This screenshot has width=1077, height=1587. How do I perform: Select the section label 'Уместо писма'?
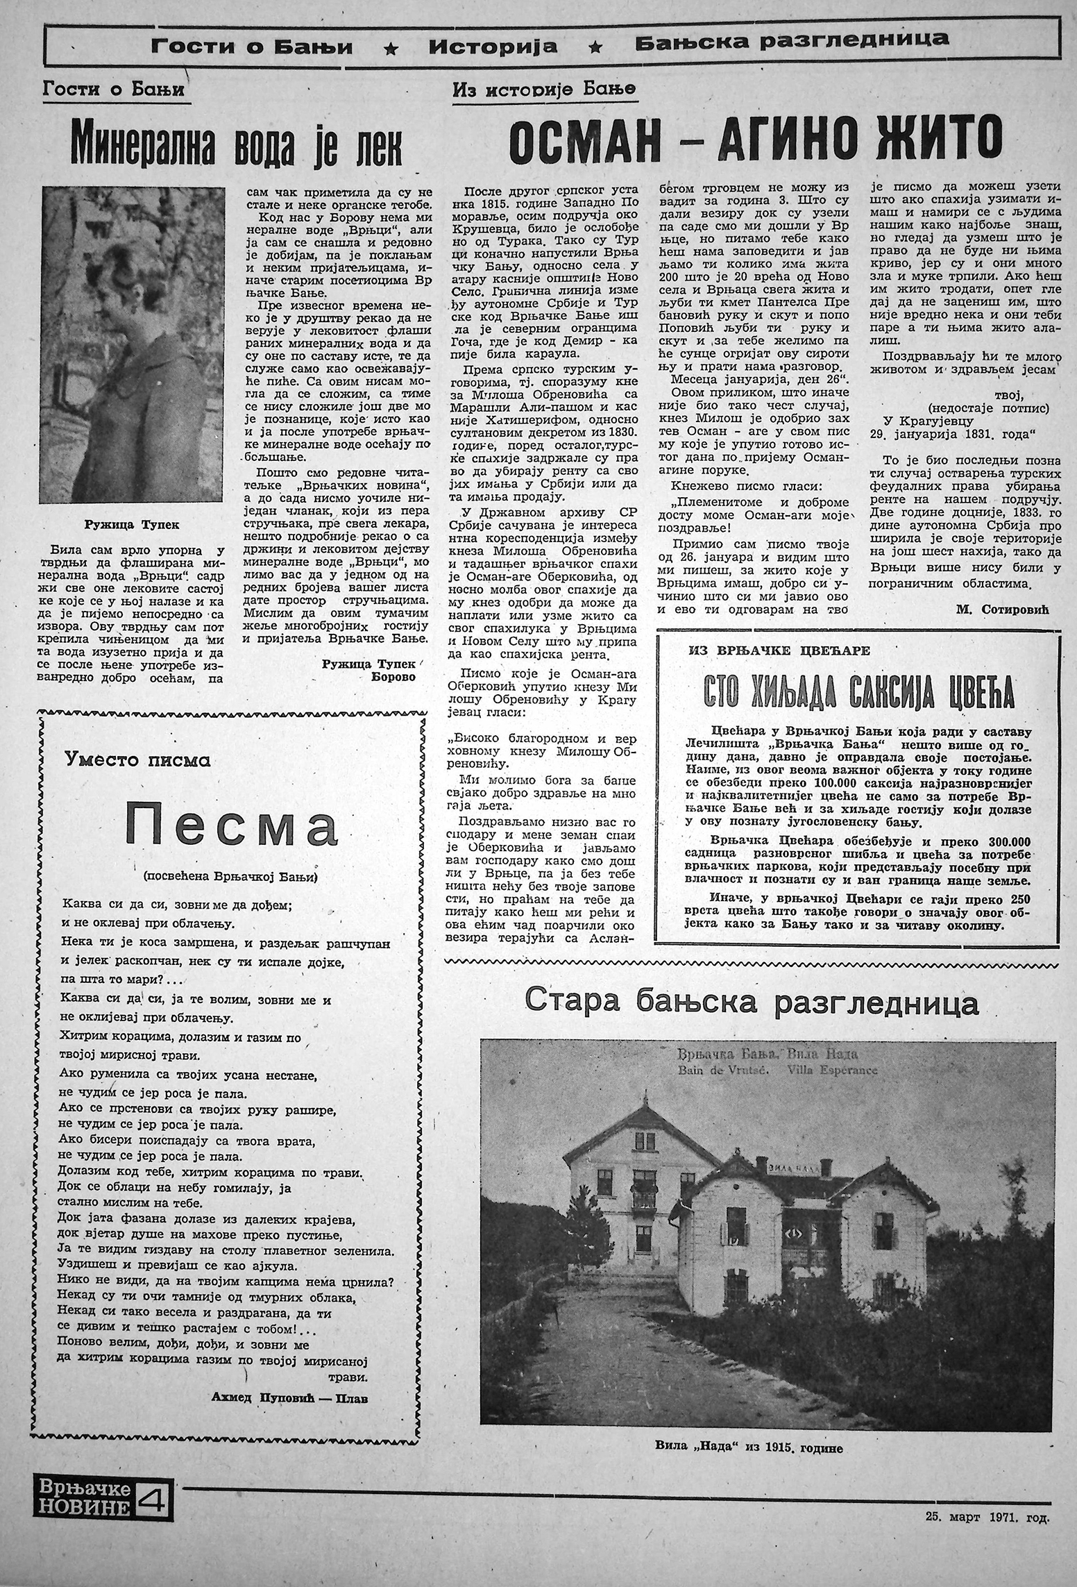click(137, 760)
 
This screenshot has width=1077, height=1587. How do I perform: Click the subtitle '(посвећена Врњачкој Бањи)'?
click(230, 877)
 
